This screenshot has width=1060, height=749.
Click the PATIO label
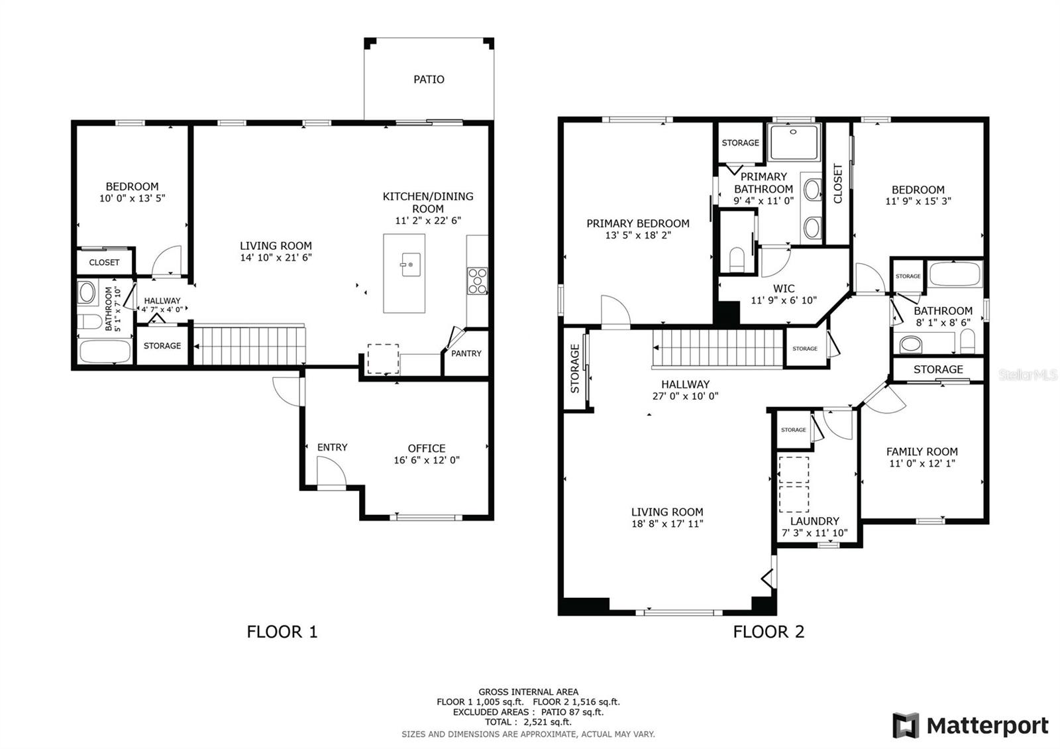[429, 80]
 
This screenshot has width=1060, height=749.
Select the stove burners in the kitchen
[477, 281]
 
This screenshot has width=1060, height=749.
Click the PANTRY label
[466, 354]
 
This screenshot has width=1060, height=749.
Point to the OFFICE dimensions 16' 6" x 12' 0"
[427, 460]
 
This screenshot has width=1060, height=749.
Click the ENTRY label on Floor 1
[332, 447]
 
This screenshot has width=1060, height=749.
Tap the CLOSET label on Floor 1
[104, 262]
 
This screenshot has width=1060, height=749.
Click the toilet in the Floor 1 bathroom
[90, 322]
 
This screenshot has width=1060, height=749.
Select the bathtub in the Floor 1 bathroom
[105, 351]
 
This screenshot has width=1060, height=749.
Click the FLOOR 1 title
[282, 632]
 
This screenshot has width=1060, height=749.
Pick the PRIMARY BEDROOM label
[638, 223]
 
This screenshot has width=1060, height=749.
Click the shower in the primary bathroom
[794, 142]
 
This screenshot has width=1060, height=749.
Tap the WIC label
[784, 288]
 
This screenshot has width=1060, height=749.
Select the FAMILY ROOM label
[922, 451]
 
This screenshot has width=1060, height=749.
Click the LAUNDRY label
[814, 521]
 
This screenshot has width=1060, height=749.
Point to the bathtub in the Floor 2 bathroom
[955, 274]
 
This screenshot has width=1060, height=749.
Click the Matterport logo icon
[906, 725]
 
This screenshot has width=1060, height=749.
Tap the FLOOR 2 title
[768, 632]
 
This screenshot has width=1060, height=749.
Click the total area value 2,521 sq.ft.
[547, 722]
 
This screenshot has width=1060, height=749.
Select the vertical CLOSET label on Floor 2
[837, 184]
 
